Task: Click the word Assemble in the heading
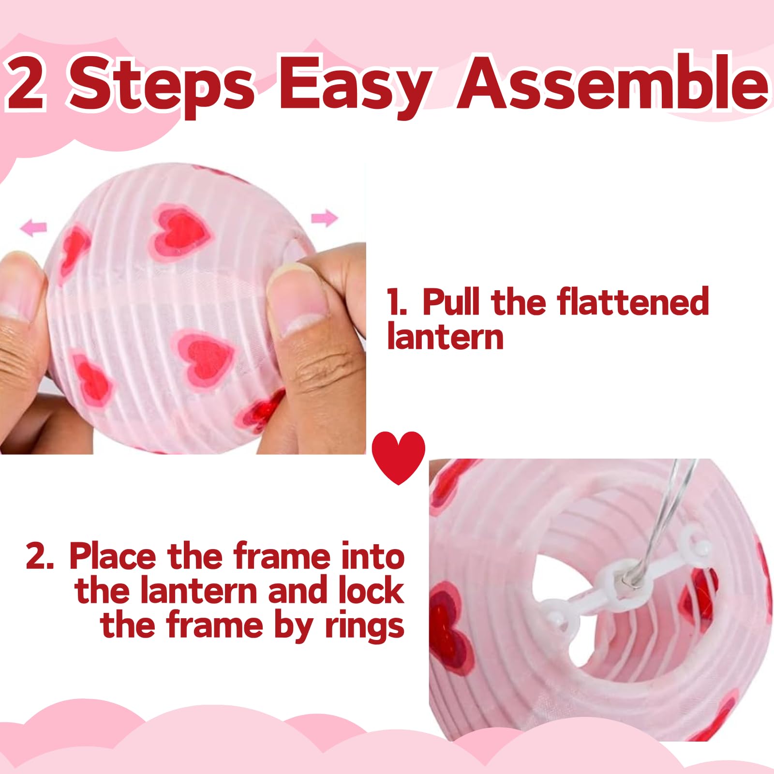[612, 83]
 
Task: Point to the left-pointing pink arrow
[34, 226]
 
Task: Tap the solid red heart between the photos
[398, 456]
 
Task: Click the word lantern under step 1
[445, 337]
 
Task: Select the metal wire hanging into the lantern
[668, 518]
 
